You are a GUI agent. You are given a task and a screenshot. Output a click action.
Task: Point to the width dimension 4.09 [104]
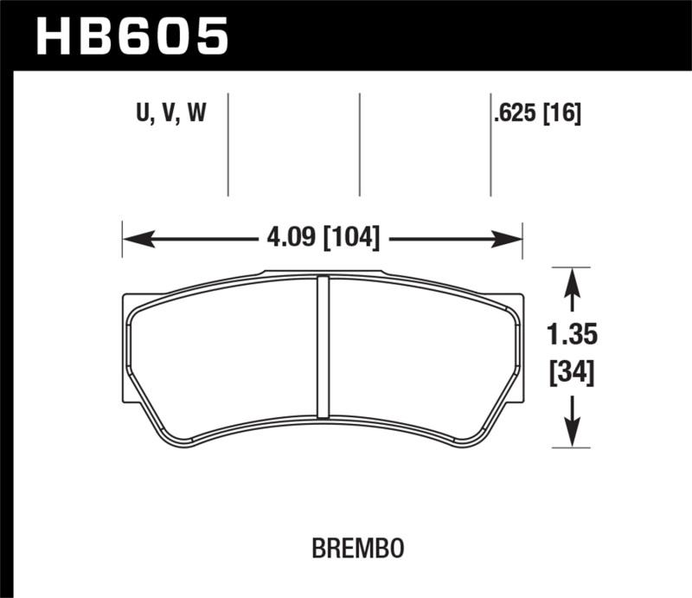pyautogui.click(x=321, y=236)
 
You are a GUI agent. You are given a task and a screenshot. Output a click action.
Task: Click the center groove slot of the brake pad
pyautogui.click(x=324, y=346)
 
